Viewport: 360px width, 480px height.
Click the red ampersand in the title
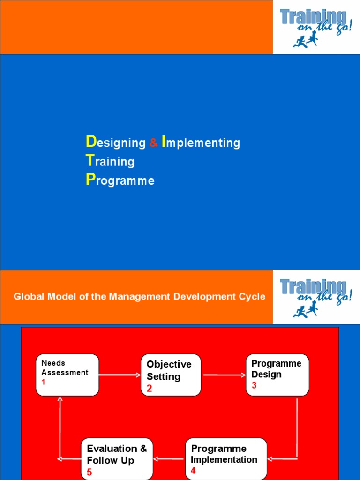(154, 143)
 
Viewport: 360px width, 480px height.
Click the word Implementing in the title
(201, 142)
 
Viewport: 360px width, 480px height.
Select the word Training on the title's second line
(110, 161)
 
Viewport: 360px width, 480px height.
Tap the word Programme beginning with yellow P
(120, 180)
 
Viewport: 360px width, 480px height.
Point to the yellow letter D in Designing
(90, 142)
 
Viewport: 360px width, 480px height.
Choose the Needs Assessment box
(67, 375)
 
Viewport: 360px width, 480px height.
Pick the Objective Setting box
(171, 375)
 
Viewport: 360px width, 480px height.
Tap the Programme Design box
(277, 375)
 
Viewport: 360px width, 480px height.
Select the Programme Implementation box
(226, 458)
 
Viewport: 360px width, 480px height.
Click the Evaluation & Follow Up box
(117, 458)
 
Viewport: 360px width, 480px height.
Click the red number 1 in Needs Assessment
(44, 382)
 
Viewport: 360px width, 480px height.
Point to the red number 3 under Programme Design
(254, 385)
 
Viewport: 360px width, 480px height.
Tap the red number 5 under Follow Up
(90, 472)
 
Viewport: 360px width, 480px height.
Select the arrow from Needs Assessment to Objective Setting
(120, 375)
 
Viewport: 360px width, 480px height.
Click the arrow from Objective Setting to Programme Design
(224, 375)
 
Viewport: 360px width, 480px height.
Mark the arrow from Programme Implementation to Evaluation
(169, 459)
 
